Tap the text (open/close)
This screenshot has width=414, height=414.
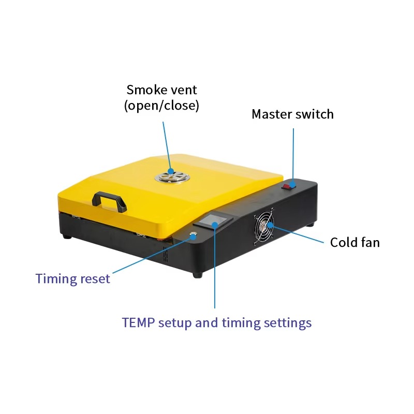pos(161,106)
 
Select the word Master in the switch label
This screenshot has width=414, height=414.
pos(272,114)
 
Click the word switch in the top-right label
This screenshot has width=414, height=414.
pos(315,114)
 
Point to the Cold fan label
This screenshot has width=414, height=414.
pos(355,242)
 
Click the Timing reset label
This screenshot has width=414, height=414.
pos(72,279)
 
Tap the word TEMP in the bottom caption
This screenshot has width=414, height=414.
pos(138,322)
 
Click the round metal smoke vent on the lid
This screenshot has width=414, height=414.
pos(172,176)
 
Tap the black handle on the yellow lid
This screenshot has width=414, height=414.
pos(109,201)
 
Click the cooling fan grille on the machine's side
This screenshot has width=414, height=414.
pos(264,226)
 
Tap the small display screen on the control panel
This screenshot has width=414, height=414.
pos(213,220)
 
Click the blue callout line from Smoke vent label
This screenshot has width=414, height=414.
pos(167,146)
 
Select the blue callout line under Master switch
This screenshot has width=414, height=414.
pos(293,156)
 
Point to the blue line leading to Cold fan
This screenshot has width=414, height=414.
pos(296,233)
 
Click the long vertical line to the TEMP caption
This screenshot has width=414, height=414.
pos(215,265)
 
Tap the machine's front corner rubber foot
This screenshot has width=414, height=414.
pos(198,275)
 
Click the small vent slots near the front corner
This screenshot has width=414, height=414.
pos(166,254)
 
